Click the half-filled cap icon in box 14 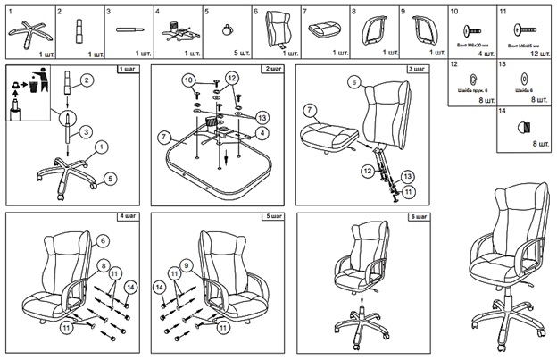tap(520, 128)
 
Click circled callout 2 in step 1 tap(87, 80)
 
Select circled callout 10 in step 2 tap(189, 80)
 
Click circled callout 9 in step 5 tap(186, 264)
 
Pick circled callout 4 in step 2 tap(262, 133)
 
